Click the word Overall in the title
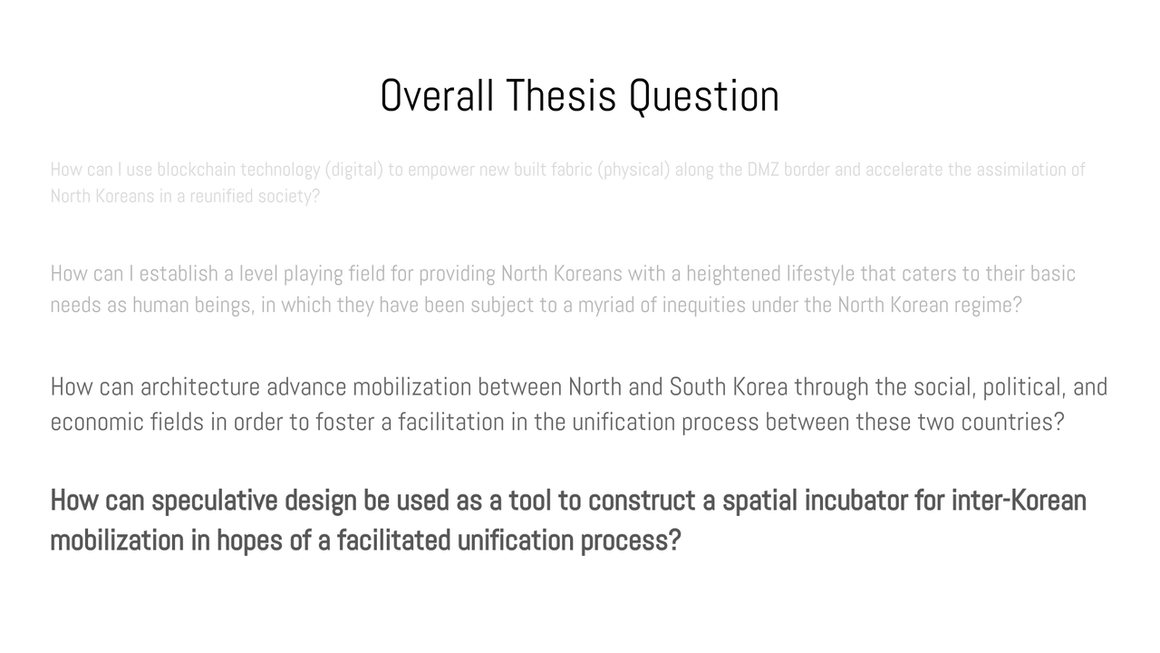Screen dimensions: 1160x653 [x=437, y=95]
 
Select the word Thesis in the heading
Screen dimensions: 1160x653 [x=561, y=95]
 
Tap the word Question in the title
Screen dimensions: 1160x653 [x=704, y=96]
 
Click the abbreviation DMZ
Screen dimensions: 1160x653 [x=762, y=170]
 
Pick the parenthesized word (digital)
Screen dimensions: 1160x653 [x=353, y=171]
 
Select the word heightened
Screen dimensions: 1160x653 [x=733, y=275]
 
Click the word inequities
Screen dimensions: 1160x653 [x=704, y=306]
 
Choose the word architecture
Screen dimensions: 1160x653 [x=200, y=387]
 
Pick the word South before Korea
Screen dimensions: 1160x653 [x=698, y=387]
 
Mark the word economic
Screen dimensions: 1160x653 [x=97, y=422]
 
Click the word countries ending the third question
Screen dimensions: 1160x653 [x=1012, y=422]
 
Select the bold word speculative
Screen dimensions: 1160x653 [x=215, y=502]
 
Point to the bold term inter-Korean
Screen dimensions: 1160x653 [x=1019, y=501]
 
